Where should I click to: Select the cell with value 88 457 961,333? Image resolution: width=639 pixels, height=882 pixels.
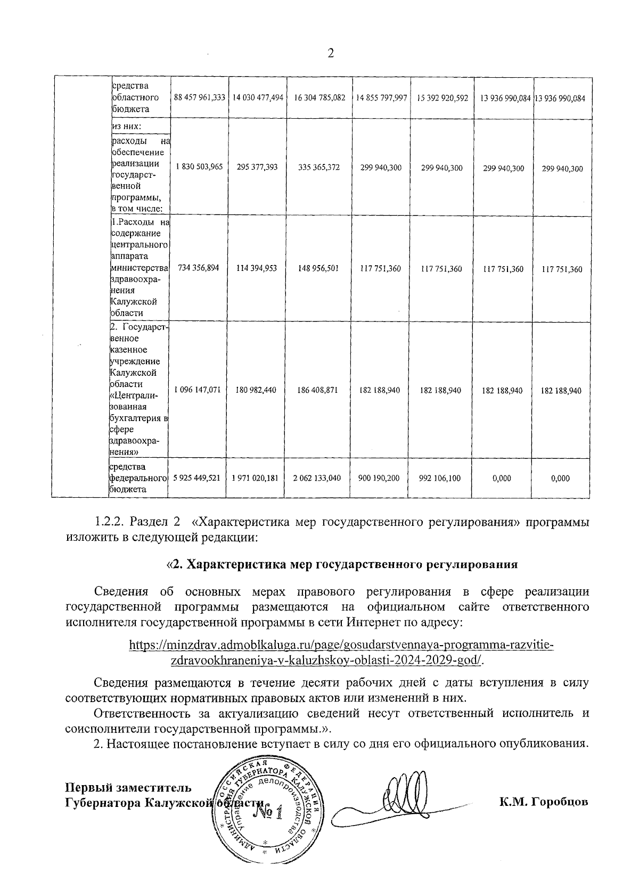pyautogui.click(x=200, y=98)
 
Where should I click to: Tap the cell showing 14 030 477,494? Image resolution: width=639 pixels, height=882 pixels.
pyautogui.click(x=258, y=98)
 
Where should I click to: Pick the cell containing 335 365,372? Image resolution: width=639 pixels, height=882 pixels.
pyautogui.click(x=318, y=168)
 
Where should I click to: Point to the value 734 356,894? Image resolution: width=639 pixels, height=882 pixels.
pyautogui.click(x=196, y=269)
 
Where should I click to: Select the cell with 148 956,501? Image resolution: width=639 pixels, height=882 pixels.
pyautogui.click(x=318, y=269)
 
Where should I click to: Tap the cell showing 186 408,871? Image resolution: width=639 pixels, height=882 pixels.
pyautogui.click(x=318, y=390)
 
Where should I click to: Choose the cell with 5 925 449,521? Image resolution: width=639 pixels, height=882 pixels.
pyautogui.click(x=196, y=478)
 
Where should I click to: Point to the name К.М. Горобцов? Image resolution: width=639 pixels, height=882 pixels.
pyautogui.click(x=544, y=802)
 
